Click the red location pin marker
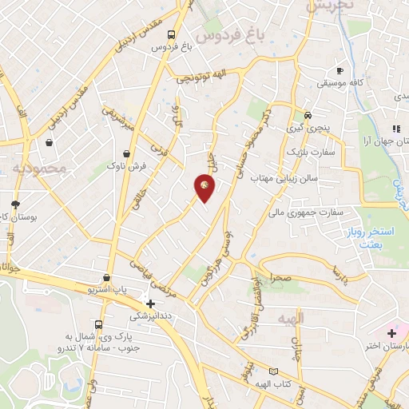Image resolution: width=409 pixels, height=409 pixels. tap(205, 187)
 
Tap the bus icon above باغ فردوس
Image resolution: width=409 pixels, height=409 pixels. tap(172, 34)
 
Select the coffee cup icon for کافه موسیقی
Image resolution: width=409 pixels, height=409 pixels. tap(341, 70)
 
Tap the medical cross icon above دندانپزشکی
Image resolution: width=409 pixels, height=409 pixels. tap(150, 304)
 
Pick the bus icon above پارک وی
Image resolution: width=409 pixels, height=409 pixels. tap(98, 325)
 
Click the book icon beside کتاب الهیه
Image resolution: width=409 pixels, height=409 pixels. tap(274, 371)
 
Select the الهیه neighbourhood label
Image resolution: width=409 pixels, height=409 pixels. tap(283, 319)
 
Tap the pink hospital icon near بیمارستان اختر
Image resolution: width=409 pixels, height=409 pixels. tap(391, 332)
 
